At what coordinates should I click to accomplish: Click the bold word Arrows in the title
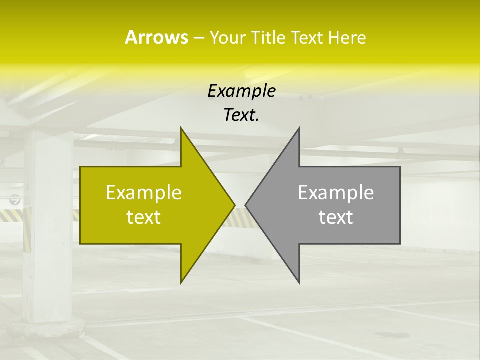pos(156,37)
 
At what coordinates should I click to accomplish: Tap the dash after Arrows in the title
pos(198,38)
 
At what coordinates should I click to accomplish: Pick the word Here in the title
pos(347,38)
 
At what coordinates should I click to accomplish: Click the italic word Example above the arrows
pos(241,91)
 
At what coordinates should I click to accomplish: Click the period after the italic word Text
pos(258,120)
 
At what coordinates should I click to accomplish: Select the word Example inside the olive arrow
pos(144,193)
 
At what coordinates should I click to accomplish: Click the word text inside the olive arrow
pos(144,217)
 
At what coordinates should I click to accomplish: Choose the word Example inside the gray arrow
pos(336,193)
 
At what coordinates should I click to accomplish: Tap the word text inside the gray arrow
pos(336,217)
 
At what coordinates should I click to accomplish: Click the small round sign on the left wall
pos(15,200)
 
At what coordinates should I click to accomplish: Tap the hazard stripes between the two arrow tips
pos(240,218)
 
